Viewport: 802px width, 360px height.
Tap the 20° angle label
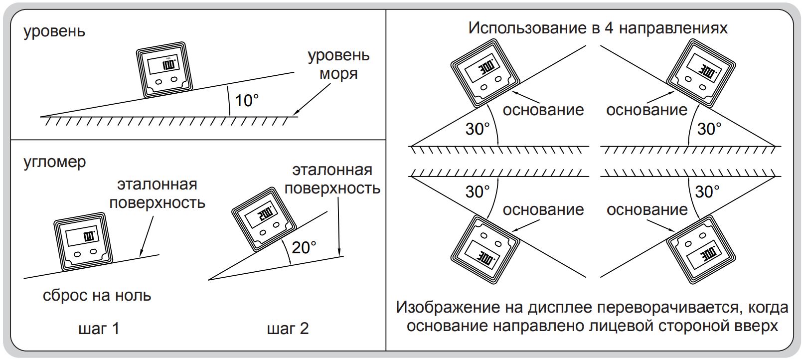pyautogui.click(x=304, y=247)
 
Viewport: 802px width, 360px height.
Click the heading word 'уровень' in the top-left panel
pyautogui.click(x=54, y=31)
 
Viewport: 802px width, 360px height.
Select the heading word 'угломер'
pyautogui.click(x=55, y=162)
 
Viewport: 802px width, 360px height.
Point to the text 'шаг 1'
pyautogui.click(x=99, y=329)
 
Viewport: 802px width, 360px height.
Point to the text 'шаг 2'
pyautogui.click(x=288, y=329)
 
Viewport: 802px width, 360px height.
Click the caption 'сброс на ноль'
pyautogui.click(x=97, y=296)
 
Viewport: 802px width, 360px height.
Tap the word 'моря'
pyautogui.click(x=339, y=74)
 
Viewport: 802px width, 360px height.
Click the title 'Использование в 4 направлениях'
pyautogui.click(x=598, y=28)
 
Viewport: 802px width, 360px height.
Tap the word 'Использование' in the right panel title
pyautogui.click(x=528, y=28)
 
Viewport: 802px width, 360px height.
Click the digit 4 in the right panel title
pyautogui.click(x=609, y=28)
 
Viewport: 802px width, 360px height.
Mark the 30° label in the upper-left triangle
pyautogui.click(x=478, y=129)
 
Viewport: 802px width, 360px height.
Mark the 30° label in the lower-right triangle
pyautogui.click(x=707, y=191)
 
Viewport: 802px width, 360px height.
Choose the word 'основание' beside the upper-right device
pyautogui.click(x=647, y=110)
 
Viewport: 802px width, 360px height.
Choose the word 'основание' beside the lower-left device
pyautogui.click(x=543, y=209)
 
